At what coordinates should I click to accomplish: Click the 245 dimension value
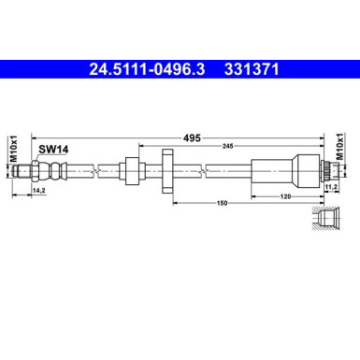tap(230, 146)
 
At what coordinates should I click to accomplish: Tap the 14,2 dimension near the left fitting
tap(39, 192)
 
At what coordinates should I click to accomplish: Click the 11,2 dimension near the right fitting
tap(330, 187)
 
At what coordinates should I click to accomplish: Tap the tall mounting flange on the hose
tap(166, 170)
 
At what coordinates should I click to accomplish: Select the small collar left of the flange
tap(130, 170)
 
